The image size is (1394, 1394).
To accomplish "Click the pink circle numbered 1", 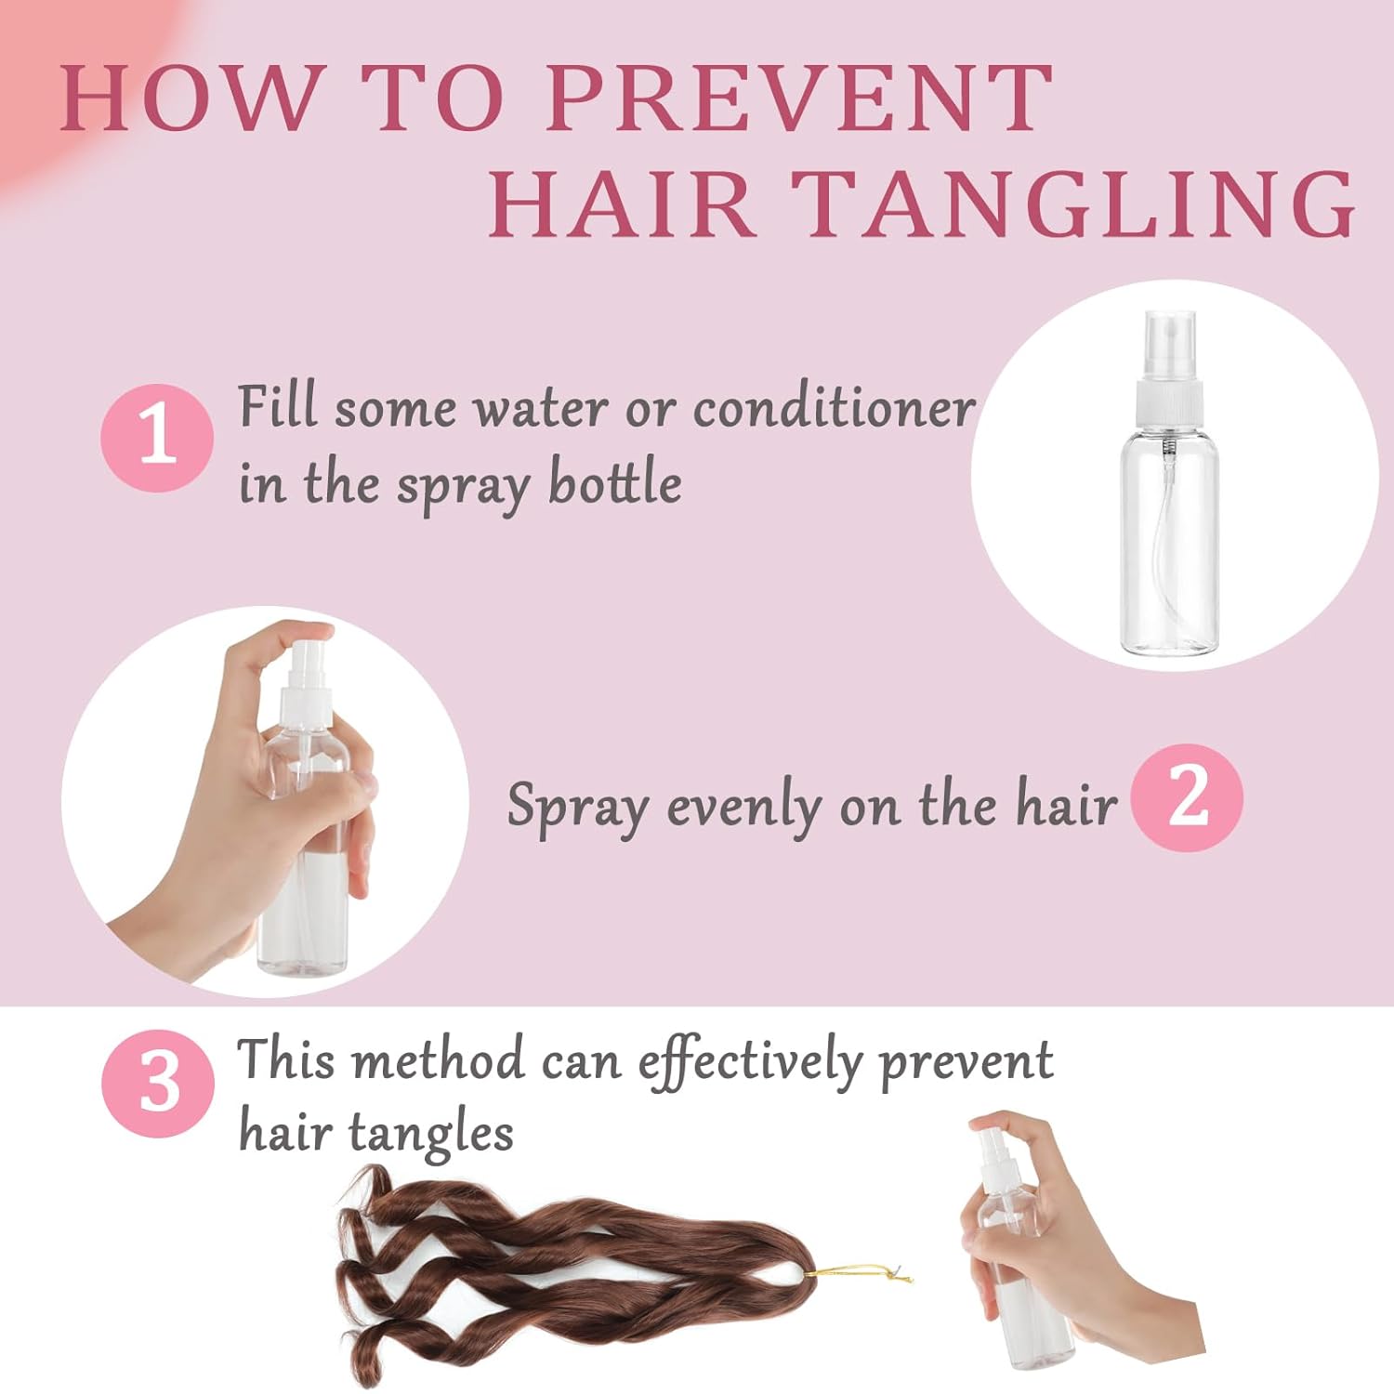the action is click(x=156, y=437).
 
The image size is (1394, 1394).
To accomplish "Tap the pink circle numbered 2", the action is click(x=1187, y=797).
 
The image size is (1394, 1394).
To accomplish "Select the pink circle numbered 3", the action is click(x=157, y=1084).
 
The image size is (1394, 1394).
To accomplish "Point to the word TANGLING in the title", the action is click(x=1073, y=204).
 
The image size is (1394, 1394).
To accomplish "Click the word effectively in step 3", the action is click(x=749, y=1061).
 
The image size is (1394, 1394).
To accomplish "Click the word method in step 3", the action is click(x=440, y=1059).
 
